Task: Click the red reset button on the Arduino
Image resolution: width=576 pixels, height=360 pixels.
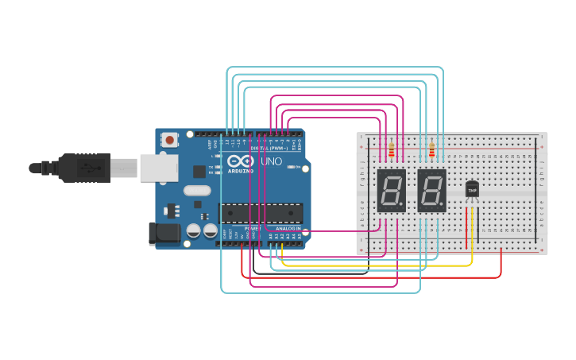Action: pos(169,140)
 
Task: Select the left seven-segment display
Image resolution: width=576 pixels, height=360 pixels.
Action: pos(391,191)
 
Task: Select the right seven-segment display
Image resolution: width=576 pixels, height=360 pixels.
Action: pos(431,191)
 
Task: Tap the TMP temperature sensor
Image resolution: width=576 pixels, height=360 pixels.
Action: pos(472,189)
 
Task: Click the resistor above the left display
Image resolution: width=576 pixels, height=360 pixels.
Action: pos(391,149)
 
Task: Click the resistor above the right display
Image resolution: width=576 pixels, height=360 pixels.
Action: pos(431,149)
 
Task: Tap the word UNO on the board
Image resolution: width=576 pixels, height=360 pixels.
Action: pos(272,161)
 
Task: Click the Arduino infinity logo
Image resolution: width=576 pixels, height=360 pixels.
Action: pos(241,161)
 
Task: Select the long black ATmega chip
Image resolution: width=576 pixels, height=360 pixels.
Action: pos(261,213)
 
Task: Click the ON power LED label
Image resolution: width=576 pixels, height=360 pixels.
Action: pos(297,168)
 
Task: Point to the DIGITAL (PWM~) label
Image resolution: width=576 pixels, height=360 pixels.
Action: pos(269,148)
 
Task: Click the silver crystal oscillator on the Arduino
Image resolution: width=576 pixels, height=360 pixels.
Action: pos(197,191)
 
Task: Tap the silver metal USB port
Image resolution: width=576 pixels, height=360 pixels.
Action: pos(159,168)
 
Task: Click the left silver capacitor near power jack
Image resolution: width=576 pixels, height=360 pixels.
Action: pos(193,231)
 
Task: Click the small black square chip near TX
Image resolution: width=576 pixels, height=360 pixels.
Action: pos(199,171)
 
